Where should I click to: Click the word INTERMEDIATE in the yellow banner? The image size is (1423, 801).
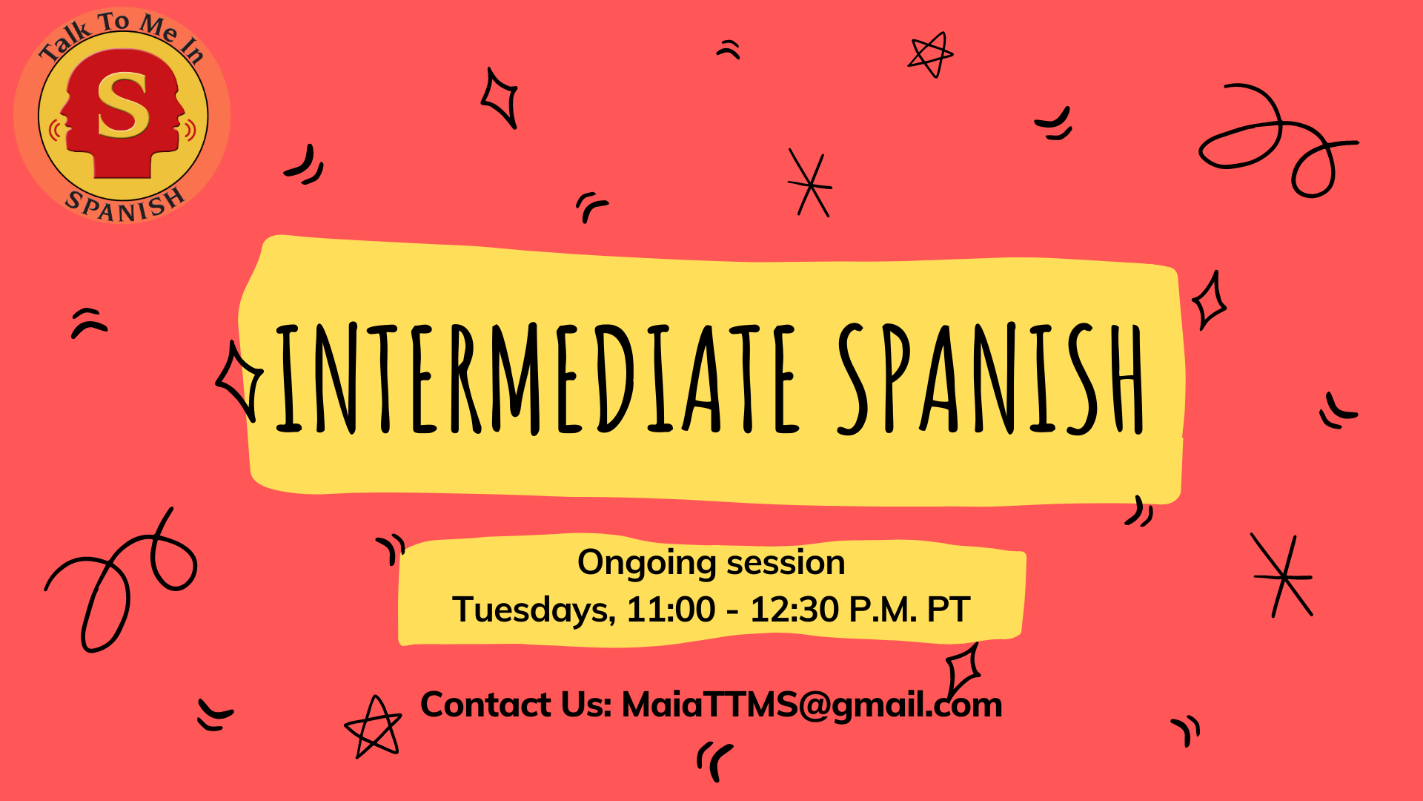(537, 379)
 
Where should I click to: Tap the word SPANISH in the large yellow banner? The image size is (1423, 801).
(992, 379)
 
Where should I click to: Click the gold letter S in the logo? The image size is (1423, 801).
(123, 105)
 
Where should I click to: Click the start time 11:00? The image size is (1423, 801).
(671, 610)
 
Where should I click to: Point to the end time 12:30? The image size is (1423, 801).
(794, 610)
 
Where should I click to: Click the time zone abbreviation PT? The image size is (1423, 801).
(948, 610)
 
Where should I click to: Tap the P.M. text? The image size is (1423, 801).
(883, 610)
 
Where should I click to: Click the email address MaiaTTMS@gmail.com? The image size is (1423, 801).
(812, 705)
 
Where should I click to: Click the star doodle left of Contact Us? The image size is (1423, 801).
(373, 727)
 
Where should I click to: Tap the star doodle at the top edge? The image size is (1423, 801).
(930, 54)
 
